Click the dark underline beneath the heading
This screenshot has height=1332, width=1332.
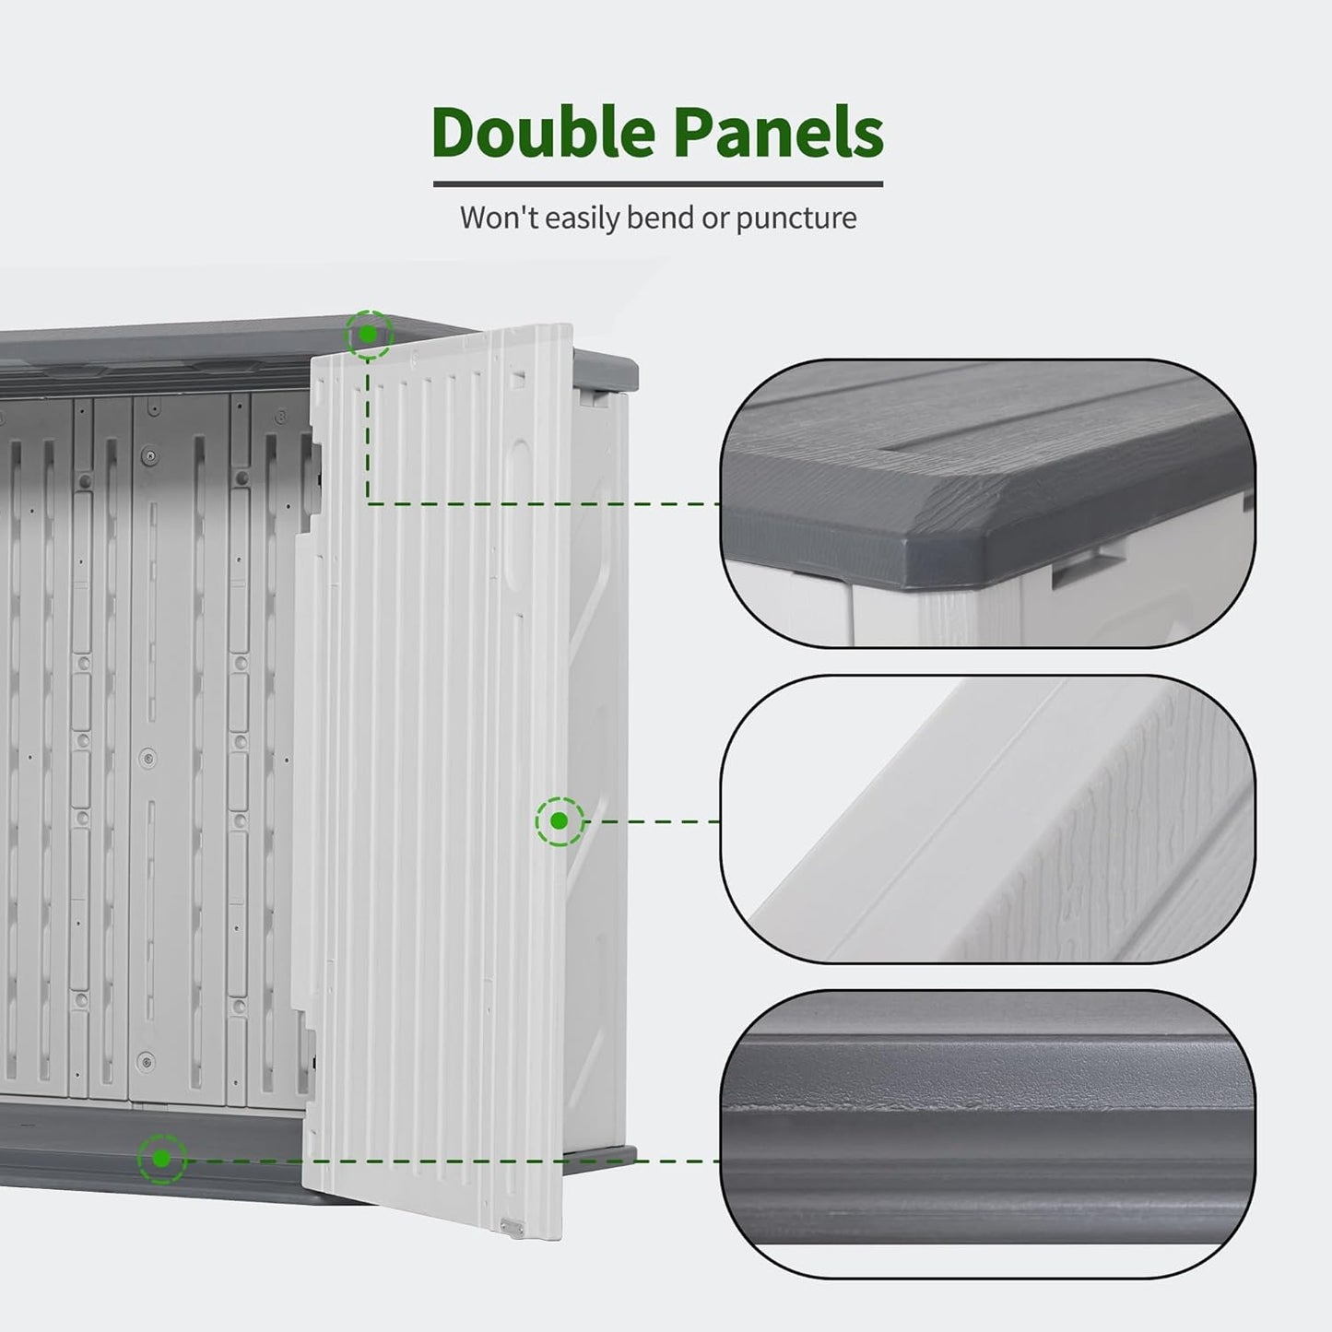658,183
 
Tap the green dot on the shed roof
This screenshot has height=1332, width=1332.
368,335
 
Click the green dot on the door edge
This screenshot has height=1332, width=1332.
560,821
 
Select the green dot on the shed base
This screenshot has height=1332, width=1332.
161,1159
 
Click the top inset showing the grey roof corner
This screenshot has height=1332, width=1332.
988,503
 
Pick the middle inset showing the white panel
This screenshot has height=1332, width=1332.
988,819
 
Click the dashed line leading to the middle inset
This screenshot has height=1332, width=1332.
653,821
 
